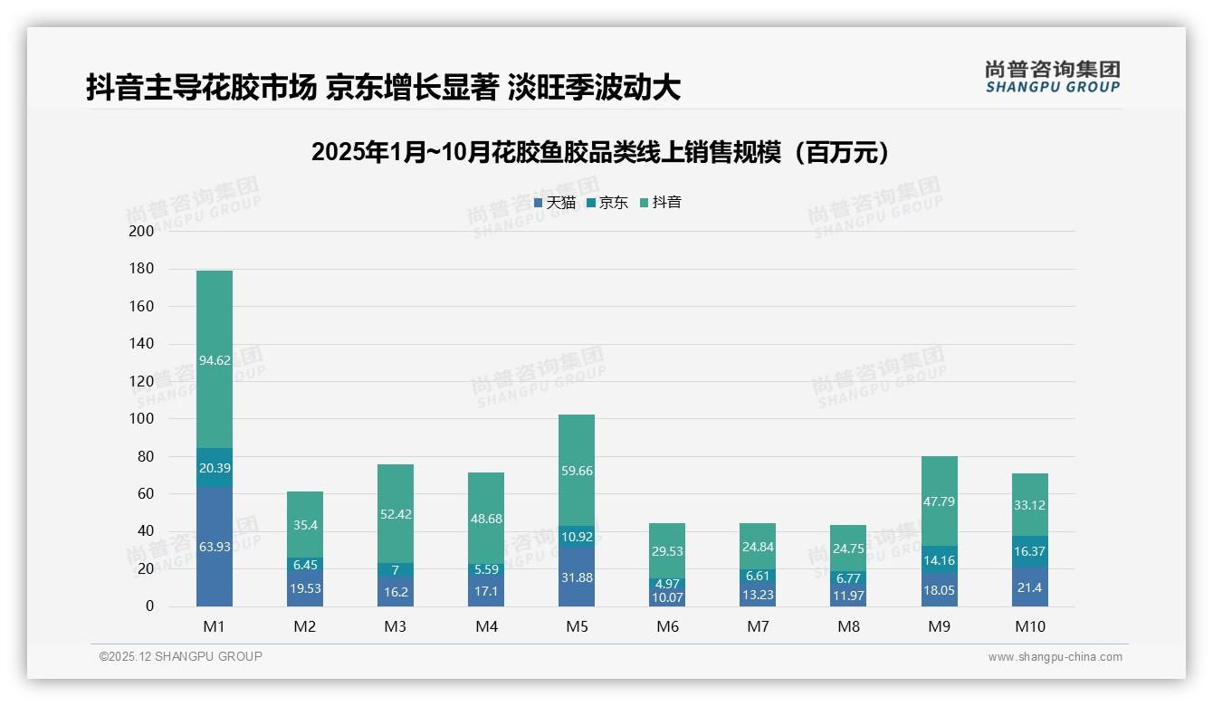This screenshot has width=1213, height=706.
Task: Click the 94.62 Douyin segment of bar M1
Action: (215, 359)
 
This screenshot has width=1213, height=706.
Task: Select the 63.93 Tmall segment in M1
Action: (215, 546)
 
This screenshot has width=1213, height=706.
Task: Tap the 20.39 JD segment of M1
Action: (215, 467)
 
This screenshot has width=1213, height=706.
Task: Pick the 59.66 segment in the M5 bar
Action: (577, 471)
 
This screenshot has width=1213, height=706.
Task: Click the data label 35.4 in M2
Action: (305, 525)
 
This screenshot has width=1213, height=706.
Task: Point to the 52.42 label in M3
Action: (396, 514)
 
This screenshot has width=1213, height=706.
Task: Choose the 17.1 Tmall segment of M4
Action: (486, 590)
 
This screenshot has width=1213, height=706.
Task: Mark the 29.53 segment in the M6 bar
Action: (667, 550)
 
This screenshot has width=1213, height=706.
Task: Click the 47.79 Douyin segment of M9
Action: (939, 501)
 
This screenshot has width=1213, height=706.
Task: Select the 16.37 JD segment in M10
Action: (1029, 551)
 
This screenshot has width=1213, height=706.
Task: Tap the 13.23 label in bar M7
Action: (758, 594)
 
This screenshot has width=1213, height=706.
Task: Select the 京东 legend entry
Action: (606, 203)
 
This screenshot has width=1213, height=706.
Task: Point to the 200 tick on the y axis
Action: (142, 231)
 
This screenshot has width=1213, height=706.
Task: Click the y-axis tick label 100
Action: (142, 419)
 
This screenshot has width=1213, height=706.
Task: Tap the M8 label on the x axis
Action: (848, 626)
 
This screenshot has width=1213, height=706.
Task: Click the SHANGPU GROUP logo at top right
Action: (1052, 77)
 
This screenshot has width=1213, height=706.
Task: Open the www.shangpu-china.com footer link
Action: (1055, 657)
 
